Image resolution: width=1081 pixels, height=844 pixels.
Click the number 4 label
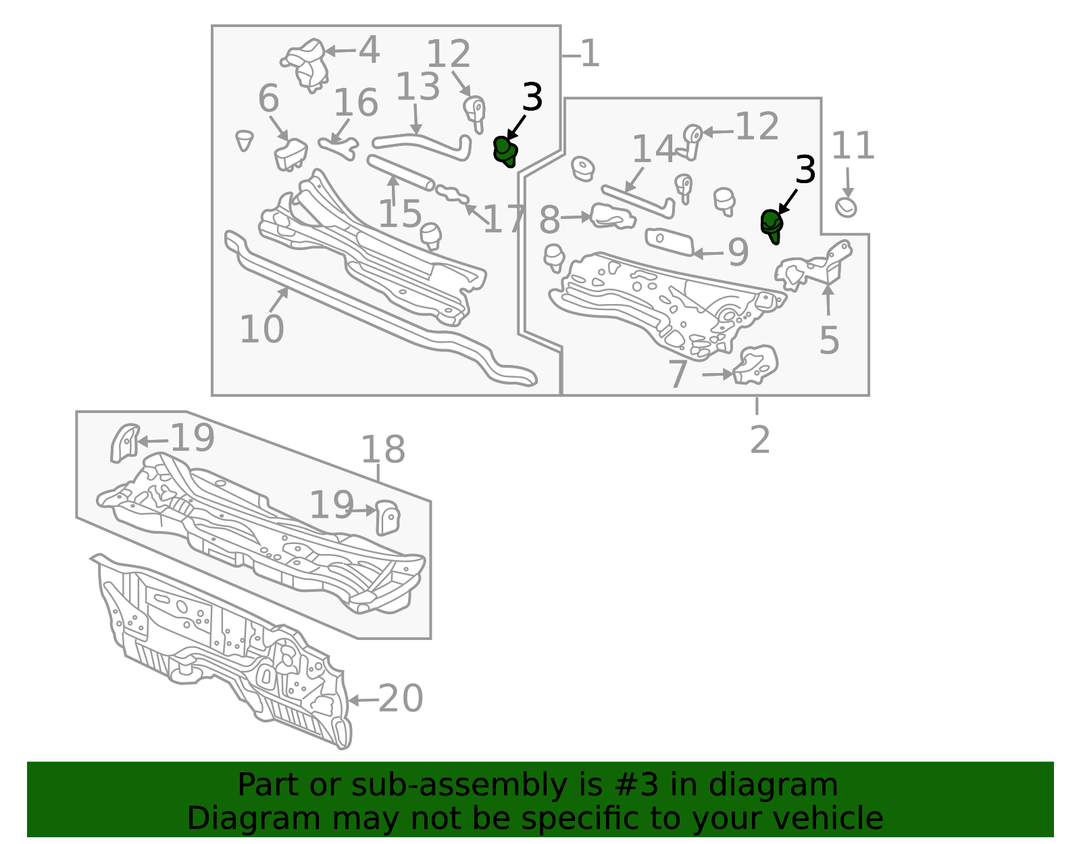[369, 50]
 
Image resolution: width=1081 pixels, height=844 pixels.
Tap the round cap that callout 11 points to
[846, 207]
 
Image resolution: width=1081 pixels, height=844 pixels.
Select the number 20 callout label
[401, 698]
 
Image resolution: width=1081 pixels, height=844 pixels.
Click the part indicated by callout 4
[305, 65]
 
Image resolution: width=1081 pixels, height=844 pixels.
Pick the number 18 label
[382, 449]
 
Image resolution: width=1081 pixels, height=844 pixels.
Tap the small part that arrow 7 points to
[755, 365]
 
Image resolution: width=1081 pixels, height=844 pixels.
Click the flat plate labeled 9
[670, 242]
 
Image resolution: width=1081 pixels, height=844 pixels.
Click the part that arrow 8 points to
[613, 216]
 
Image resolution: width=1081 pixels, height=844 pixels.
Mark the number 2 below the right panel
[759, 439]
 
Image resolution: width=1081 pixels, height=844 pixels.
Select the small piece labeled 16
[338, 149]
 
